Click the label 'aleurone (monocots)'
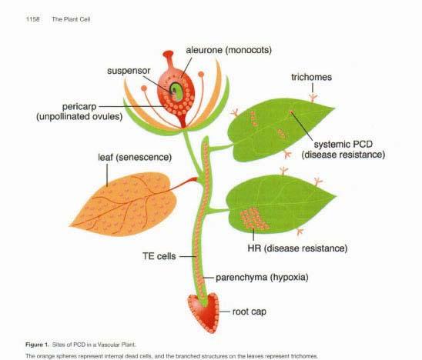229,50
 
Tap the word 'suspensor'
129,71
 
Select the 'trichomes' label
311,77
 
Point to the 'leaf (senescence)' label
135,157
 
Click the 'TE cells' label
159,256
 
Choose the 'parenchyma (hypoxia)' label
262,278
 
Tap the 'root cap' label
250,312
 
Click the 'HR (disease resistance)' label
297,248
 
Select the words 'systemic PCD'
343,145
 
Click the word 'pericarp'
79,107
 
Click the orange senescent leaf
124,205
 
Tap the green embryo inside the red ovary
176,92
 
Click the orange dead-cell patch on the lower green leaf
253,218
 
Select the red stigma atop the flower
168,54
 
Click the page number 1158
33,19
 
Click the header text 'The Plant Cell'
71,19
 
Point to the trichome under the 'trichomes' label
313,98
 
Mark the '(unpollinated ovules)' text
79,117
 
